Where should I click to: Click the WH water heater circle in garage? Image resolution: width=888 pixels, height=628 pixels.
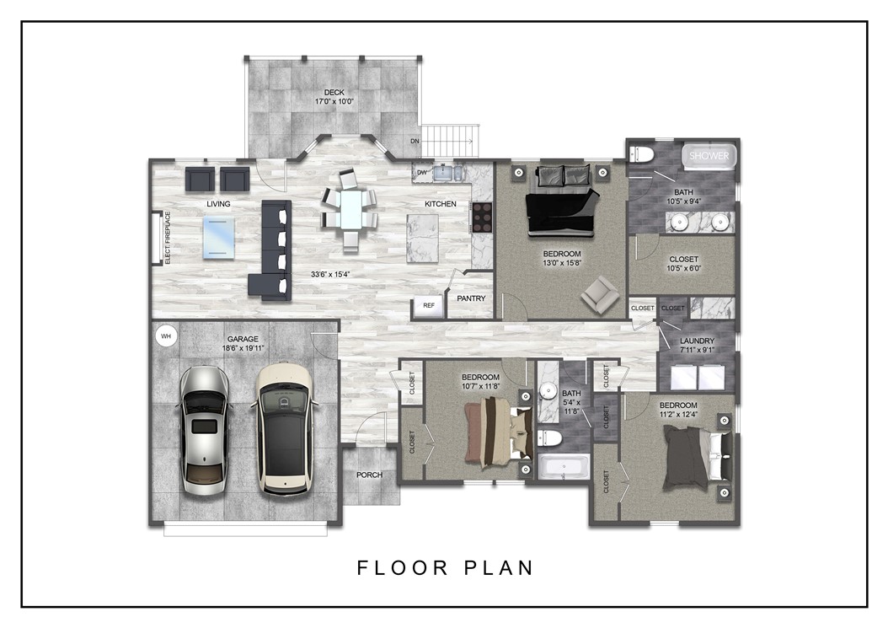[x=166, y=336]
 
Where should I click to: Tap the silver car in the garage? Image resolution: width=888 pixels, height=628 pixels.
[x=203, y=430]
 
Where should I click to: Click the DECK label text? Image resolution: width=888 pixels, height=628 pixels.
[x=334, y=92]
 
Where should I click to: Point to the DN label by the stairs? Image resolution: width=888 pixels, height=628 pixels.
[x=415, y=142]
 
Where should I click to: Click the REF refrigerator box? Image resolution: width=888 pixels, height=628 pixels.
[x=428, y=305]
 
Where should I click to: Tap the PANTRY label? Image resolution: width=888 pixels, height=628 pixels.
[x=471, y=298]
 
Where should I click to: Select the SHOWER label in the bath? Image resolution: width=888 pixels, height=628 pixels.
[x=709, y=156]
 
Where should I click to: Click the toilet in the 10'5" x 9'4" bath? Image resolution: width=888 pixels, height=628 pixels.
[x=643, y=154]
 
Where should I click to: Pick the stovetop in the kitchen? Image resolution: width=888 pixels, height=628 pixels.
[x=482, y=217]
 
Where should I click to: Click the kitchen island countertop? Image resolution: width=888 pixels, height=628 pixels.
[x=423, y=239]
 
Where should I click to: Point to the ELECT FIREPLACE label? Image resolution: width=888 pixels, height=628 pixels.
[x=168, y=239]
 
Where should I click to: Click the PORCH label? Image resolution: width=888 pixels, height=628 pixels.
[x=369, y=475]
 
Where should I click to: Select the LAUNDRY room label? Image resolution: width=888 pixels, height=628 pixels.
[x=697, y=341]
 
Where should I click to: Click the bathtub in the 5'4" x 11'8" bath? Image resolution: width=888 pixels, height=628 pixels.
[x=564, y=467]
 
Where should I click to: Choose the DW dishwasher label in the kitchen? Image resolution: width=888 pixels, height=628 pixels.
[x=421, y=173]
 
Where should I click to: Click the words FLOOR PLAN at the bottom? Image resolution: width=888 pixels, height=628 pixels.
[x=445, y=567]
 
